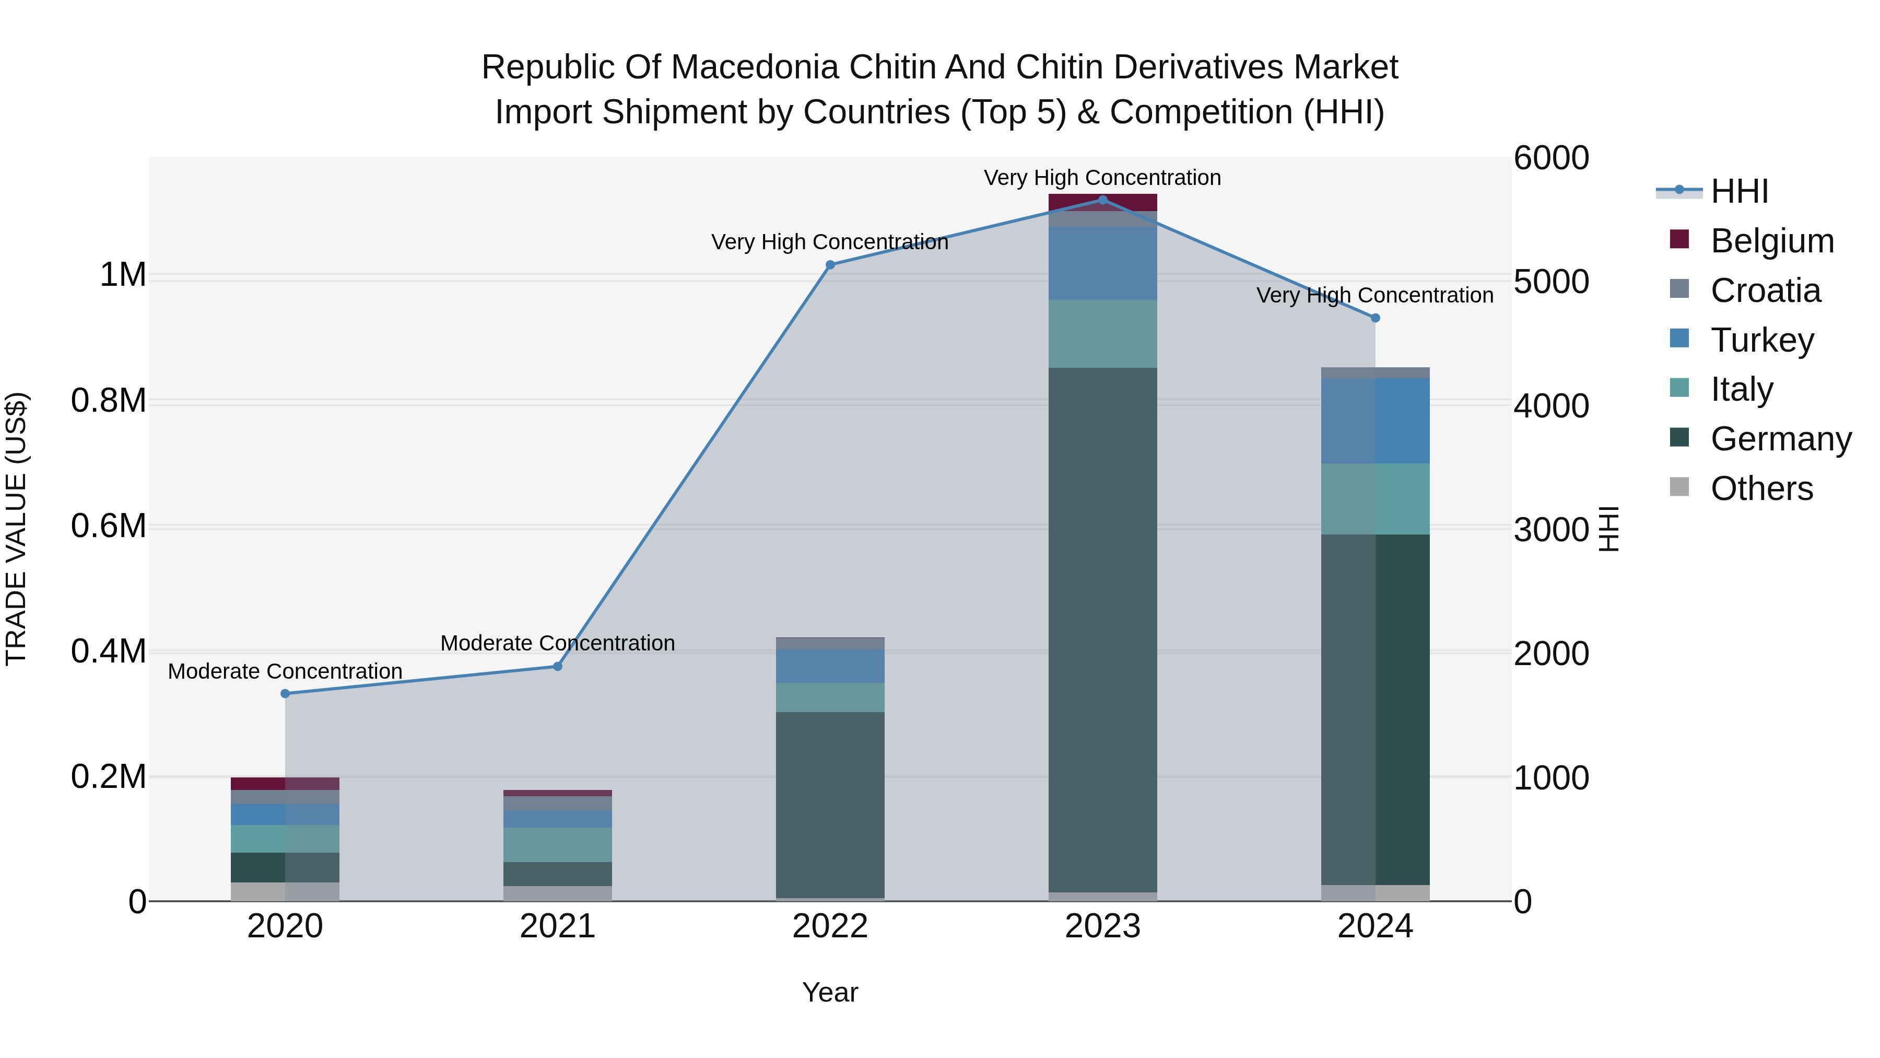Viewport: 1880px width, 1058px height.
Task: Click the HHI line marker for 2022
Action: point(830,265)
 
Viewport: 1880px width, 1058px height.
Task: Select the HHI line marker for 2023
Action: point(1103,200)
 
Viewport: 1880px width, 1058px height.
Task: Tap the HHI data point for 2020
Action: point(285,694)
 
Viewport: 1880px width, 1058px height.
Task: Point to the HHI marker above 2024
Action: point(1376,318)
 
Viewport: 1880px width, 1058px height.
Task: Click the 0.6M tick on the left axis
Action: point(108,527)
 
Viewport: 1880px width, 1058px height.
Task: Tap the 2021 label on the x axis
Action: point(558,926)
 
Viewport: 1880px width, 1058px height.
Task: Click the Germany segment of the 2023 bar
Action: point(1103,628)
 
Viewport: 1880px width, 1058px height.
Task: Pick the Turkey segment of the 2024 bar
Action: point(1376,421)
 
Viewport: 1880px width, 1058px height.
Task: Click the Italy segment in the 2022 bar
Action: point(830,697)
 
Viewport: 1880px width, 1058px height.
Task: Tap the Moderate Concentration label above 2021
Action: point(558,643)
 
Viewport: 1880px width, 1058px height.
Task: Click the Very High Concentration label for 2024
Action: point(1375,296)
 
